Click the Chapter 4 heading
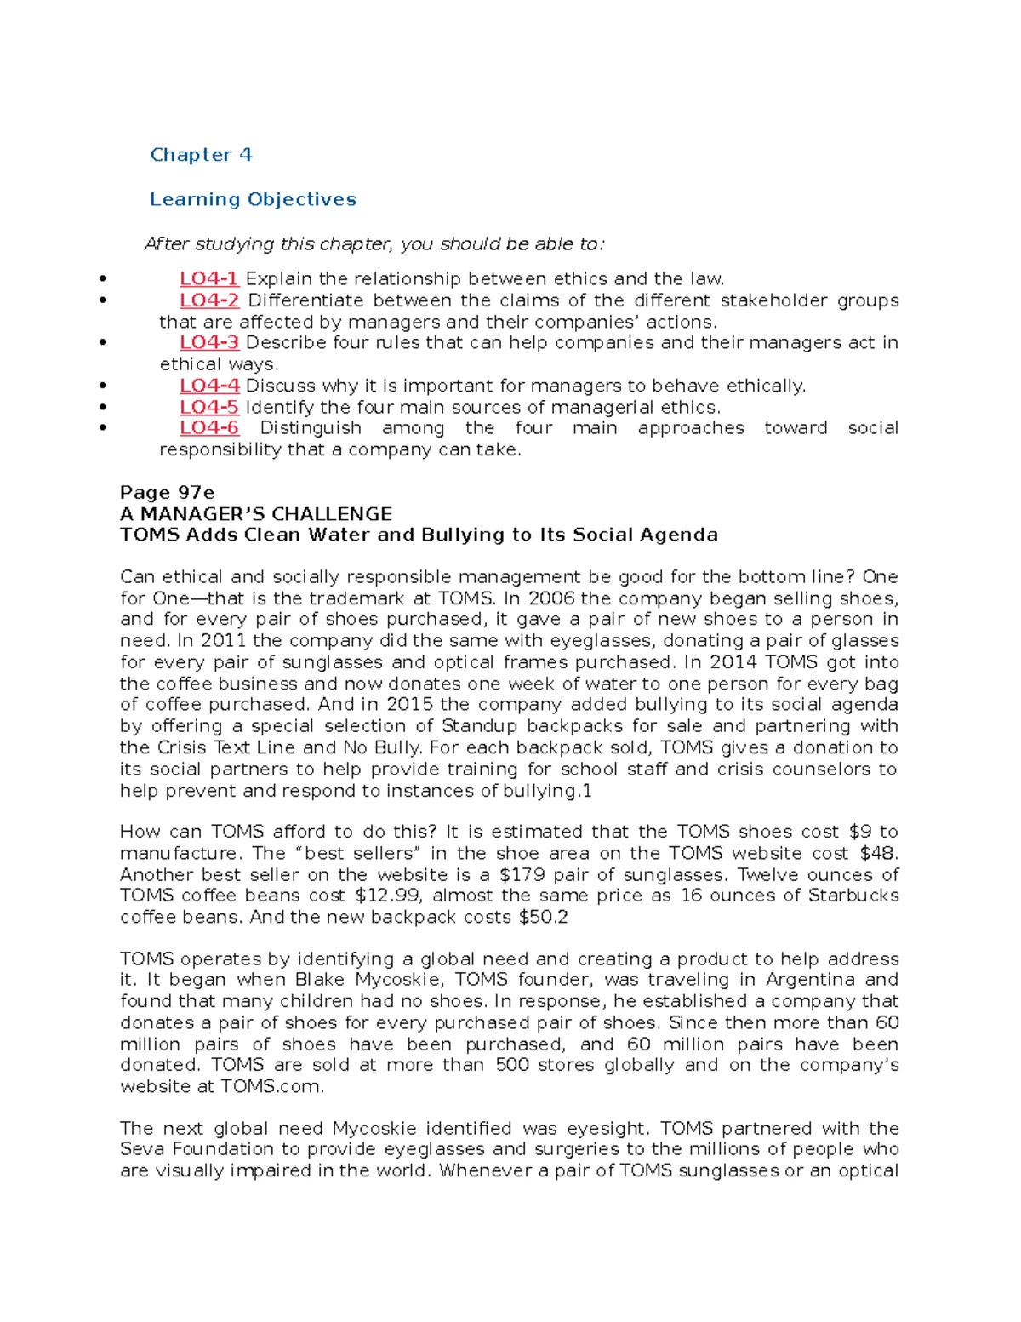pos(201,155)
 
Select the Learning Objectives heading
pos(253,199)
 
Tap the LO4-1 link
pos(208,279)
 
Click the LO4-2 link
pos(208,300)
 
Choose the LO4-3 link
pos(208,342)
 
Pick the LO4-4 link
pos(208,386)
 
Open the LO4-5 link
pos(208,407)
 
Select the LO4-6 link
pos(208,428)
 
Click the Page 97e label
pos(167,493)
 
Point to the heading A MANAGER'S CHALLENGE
pos(255,514)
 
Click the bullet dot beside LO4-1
pos(103,278)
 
